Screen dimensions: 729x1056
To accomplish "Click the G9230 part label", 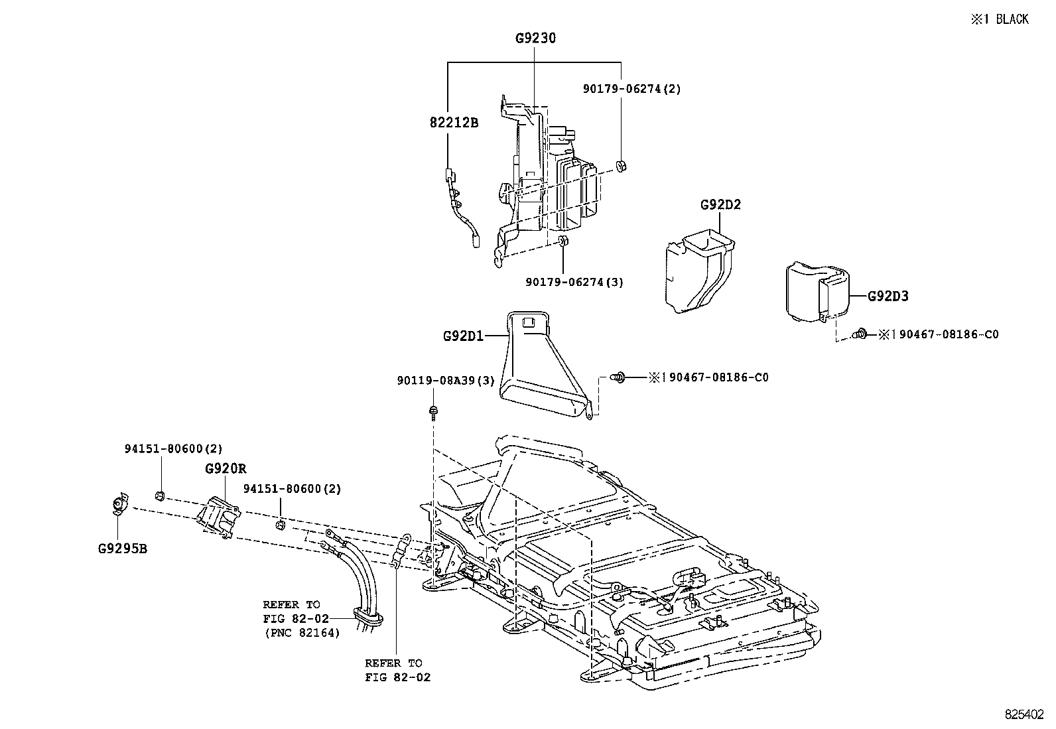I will tap(535, 38).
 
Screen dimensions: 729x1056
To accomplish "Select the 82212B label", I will tap(454, 123).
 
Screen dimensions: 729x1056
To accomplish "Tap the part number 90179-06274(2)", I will tap(632, 88).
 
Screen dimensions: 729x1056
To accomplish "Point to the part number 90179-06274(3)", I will tap(574, 282).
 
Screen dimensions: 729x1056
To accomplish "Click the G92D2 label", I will tap(720, 205).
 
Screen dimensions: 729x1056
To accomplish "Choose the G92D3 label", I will tap(888, 297).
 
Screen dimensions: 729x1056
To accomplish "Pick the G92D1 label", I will tap(464, 336).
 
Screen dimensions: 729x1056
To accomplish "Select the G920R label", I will tap(226, 469).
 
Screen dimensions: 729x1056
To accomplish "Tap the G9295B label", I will tap(122, 549).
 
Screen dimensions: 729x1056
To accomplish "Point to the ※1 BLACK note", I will tap(1000, 19).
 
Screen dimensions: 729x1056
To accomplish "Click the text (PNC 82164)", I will tap(301, 633).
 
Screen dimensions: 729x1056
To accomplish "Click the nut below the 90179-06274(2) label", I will tap(622, 166).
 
